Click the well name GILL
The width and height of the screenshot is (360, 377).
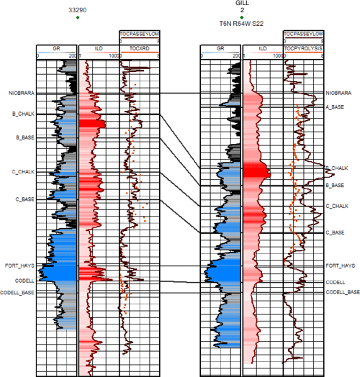pos(242,4)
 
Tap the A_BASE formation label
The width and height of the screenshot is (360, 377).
pos(335,107)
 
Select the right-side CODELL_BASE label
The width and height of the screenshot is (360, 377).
pos(342,292)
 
